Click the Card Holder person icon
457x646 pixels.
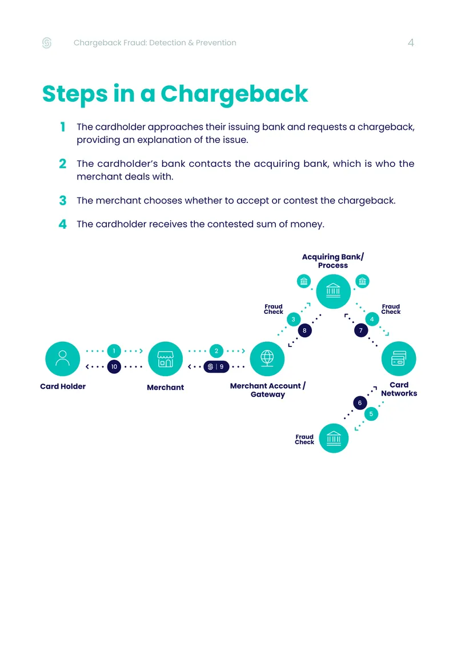(63, 359)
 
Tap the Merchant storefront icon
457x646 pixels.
(165, 359)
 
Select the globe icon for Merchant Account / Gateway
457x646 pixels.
(267, 359)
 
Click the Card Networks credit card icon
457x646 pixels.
(399, 359)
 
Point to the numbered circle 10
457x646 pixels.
(114, 366)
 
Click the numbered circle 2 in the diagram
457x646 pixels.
(216, 351)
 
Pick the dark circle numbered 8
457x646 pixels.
(304, 330)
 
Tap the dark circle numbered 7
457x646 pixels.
(361, 330)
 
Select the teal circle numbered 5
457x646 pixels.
(371, 414)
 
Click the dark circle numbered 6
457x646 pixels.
(360, 403)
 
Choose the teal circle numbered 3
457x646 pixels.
(294, 320)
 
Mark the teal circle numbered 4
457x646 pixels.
(372, 320)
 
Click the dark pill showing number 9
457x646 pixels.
(216, 366)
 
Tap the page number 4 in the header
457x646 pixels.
(411, 43)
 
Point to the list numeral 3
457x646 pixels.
(63, 201)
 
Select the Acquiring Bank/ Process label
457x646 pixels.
(332, 261)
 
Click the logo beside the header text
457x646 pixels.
(47, 43)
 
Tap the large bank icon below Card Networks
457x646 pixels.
(334, 438)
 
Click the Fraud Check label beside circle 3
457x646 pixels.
(274, 309)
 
